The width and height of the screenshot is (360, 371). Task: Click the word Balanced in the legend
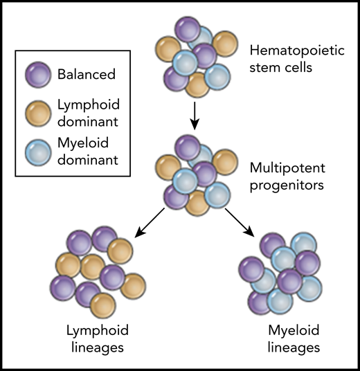click(x=87, y=71)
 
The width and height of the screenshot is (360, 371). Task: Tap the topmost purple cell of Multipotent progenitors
click(x=187, y=148)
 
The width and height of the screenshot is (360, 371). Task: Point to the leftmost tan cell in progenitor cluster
click(x=169, y=168)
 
